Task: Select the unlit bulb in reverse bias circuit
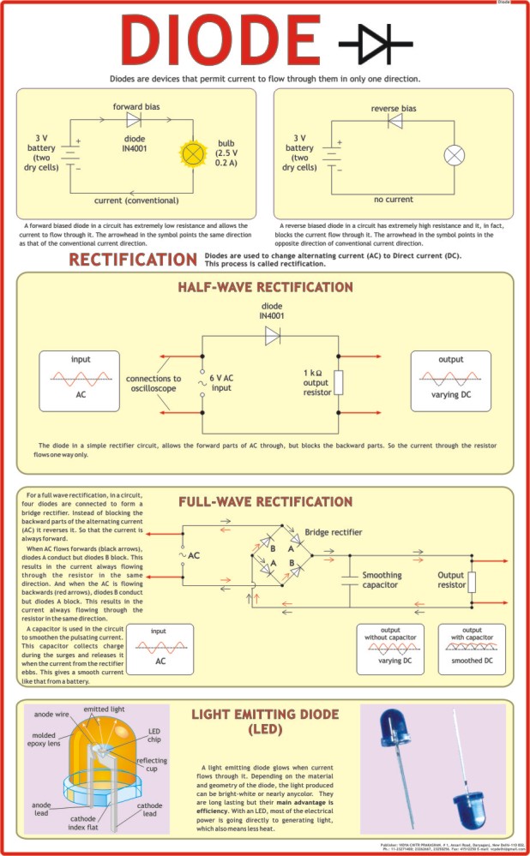[x=454, y=155]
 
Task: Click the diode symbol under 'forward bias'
[x=134, y=120]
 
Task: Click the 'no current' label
[x=394, y=200]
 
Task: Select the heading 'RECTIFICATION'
[x=133, y=260]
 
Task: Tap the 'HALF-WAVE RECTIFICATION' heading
[x=265, y=287]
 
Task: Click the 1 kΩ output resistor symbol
[x=339, y=382]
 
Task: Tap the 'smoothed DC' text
[x=473, y=661]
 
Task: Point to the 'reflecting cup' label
[x=152, y=766]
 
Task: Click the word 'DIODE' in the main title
[x=222, y=41]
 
